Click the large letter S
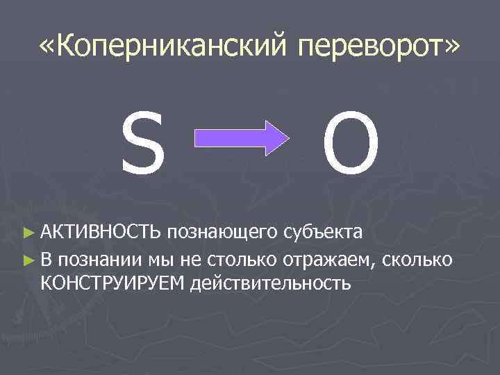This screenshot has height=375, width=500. (x=143, y=147)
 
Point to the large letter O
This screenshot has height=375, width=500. (x=351, y=147)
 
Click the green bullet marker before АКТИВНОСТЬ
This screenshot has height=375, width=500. (x=28, y=230)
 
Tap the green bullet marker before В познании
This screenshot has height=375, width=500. (x=28, y=260)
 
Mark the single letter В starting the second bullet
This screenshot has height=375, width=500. (x=47, y=260)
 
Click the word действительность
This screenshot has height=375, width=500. (x=274, y=283)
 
